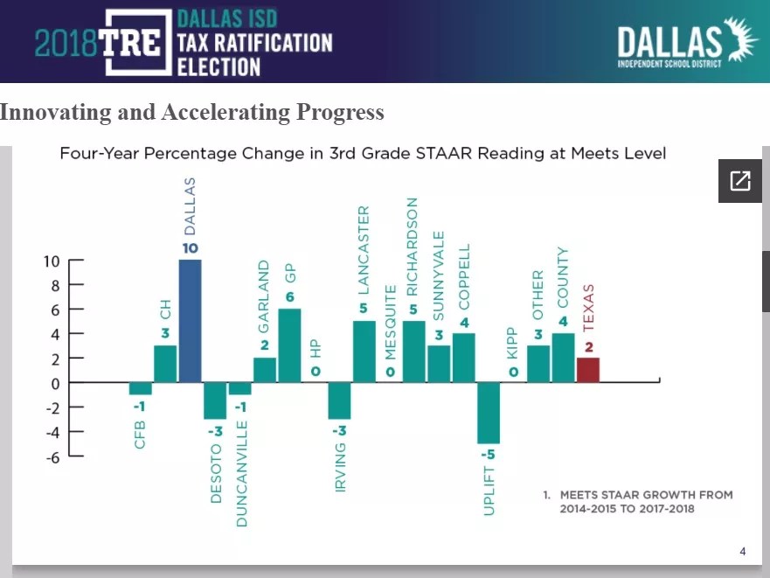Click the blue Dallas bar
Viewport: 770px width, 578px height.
point(190,321)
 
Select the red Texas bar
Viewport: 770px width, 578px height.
point(588,370)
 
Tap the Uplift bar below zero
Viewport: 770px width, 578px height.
point(489,413)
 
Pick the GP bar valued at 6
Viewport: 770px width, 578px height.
point(289,345)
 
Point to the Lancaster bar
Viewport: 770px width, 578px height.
point(364,352)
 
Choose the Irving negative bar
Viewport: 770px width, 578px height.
point(339,400)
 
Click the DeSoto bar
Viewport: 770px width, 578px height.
point(215,400)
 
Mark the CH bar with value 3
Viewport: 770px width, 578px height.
point(165,364)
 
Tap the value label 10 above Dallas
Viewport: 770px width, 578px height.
point(190,248)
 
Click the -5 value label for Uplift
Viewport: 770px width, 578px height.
point(488,455)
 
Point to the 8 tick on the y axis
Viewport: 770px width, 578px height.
point(54,285)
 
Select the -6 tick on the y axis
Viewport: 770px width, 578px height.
point(52,456)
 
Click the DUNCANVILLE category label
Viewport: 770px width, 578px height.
point(242,473)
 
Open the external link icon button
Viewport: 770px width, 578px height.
point(739,181)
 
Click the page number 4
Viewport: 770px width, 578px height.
point(742,551)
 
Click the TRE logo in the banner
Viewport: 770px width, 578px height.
point(130,42)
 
